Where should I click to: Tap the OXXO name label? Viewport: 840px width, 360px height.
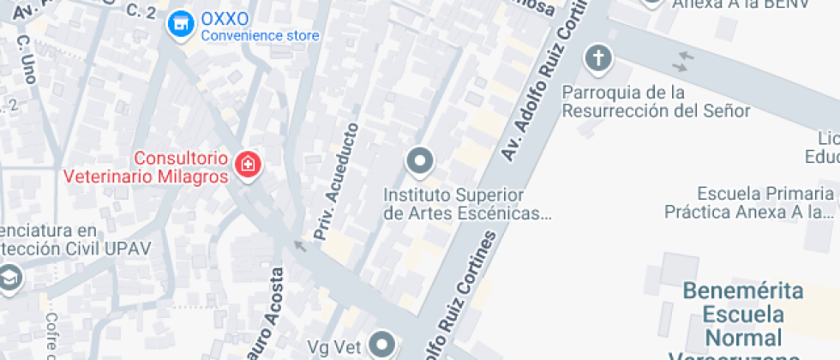tap(225, 19)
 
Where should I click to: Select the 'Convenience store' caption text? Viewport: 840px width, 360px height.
tap(260, 36)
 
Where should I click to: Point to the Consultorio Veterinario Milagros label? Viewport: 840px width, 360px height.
tap(147, 167)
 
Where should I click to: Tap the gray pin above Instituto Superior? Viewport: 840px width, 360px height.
tap(420, 160)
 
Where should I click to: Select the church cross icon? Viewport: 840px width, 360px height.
tap(597, 59)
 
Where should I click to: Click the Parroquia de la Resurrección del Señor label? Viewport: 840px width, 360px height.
tap(657, 101)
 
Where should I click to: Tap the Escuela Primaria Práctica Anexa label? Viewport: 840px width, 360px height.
tap(751, 201)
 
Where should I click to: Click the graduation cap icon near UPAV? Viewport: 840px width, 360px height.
tap(10, 279)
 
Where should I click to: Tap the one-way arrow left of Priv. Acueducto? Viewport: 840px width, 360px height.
tap(299, 247)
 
